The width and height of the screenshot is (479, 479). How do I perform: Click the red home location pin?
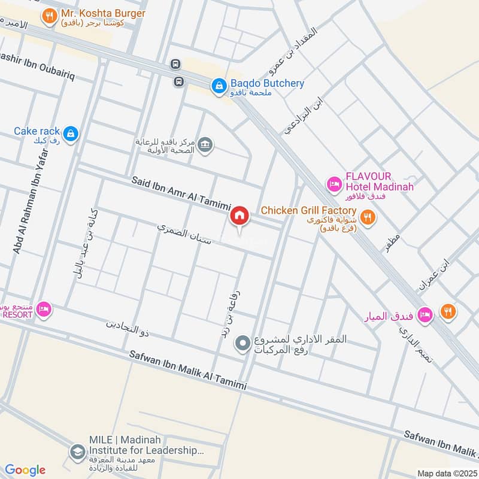(239, 216)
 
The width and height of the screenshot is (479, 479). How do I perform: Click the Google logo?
(25, 470)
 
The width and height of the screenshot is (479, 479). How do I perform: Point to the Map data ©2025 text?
(446, 473)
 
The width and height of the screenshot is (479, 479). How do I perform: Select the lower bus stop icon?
(178, 80)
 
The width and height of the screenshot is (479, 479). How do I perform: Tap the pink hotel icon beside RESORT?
(44, 310)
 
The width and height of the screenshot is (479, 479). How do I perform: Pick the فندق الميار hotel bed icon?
(425, 314)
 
